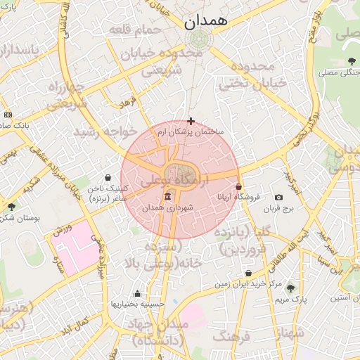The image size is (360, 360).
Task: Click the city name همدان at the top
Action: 206,21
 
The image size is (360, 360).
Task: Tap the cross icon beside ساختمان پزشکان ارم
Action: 191,121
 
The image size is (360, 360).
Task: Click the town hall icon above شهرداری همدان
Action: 167,197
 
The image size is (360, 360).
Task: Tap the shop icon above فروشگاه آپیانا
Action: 238,186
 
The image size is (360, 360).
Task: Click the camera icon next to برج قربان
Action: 279,198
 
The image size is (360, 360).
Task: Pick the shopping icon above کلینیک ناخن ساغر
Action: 108,177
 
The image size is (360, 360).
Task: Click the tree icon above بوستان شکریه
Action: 12,206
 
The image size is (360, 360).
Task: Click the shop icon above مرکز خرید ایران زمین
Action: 248,273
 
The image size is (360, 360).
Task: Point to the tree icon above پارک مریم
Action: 290,288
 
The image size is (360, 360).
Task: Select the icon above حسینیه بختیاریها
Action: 137,294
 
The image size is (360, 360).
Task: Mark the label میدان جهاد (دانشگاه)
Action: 162,333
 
